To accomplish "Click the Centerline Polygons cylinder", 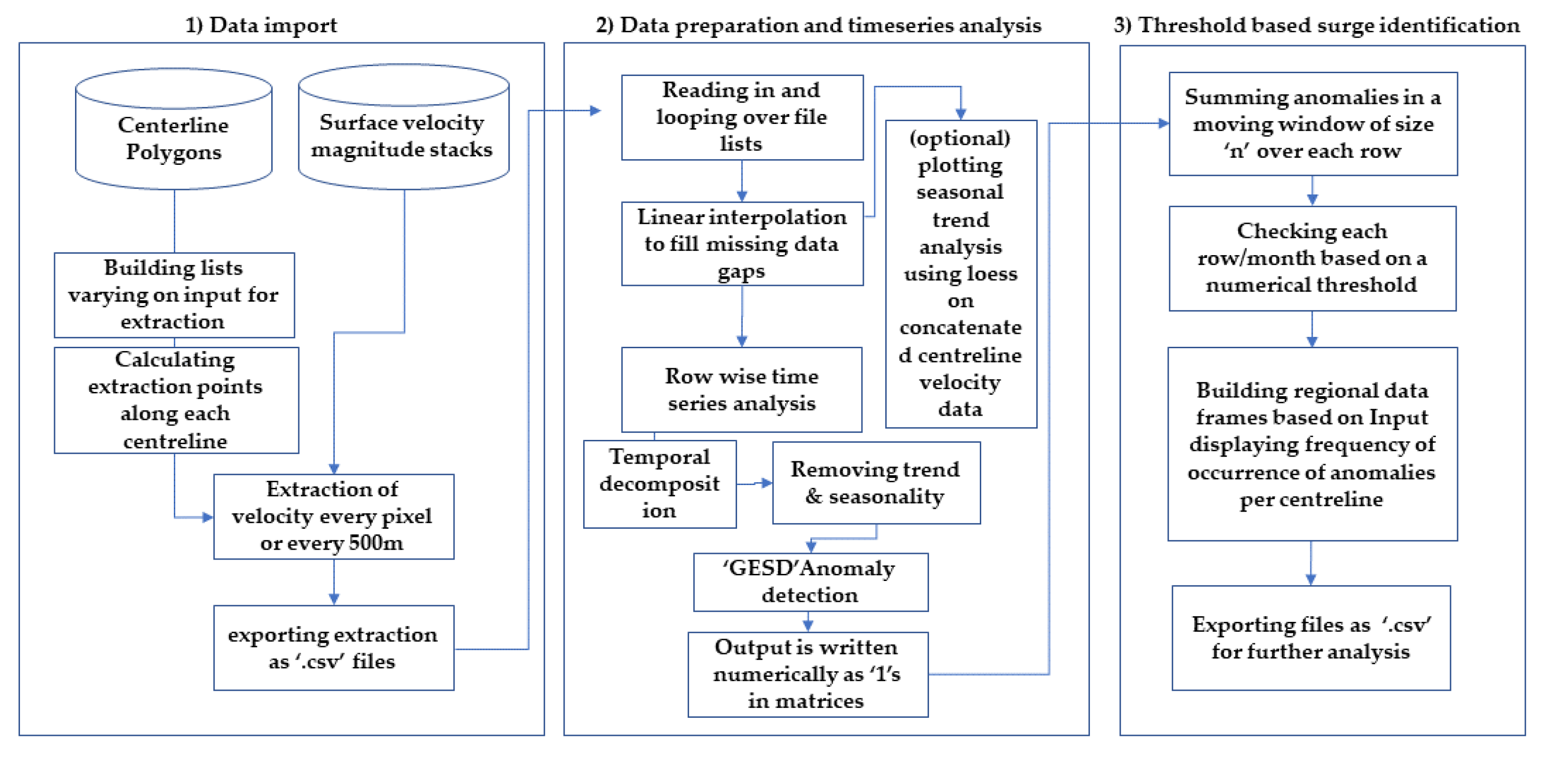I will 174,138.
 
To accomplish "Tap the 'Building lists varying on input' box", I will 174,295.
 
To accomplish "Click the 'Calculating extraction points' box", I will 176,400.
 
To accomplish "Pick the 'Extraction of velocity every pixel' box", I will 333,516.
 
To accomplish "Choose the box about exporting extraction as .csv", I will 333,648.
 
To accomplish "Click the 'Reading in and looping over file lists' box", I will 741,117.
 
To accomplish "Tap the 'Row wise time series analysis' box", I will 741,390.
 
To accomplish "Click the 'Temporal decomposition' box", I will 659,484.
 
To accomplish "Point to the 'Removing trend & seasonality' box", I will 876,483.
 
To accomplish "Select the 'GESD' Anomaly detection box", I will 810,581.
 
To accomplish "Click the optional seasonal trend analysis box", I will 960,274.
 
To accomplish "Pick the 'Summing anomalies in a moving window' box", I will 1312,124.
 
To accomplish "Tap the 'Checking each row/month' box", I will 1312,258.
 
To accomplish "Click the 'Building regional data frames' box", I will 1312,444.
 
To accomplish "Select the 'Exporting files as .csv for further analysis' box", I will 1311,638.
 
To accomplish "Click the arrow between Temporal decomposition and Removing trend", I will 755,483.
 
